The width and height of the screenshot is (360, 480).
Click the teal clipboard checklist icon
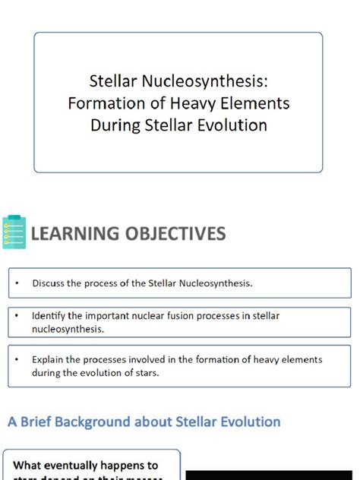[x=13, y=233]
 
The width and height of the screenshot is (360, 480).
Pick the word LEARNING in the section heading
[x=74, y=233]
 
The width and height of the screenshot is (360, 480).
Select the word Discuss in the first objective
[x=49, y=283]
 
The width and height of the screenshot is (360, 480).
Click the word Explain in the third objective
[x=49, y=360]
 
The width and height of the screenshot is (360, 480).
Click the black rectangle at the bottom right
[x=270, y=475]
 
